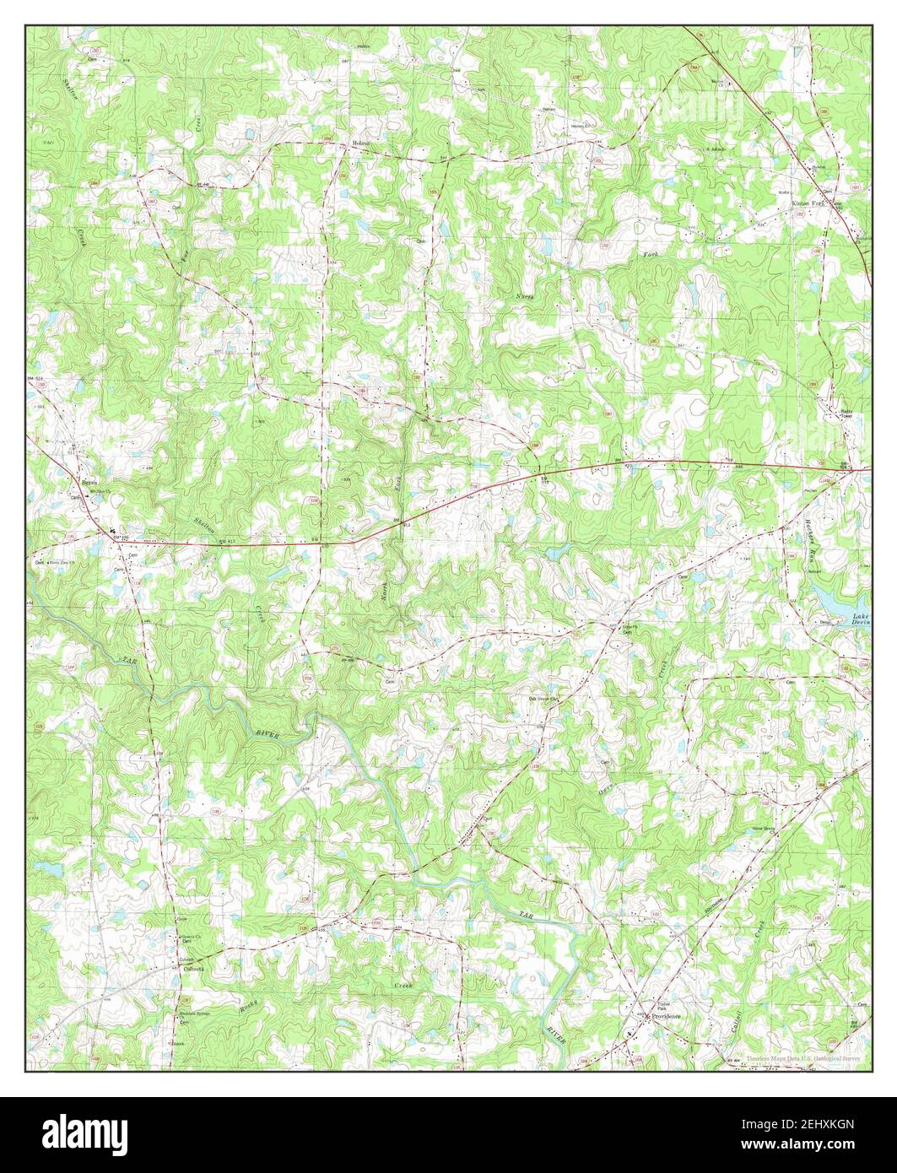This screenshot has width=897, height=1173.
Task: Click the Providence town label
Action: point(664,1016)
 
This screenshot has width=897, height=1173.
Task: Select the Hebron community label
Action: point(363,145)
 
